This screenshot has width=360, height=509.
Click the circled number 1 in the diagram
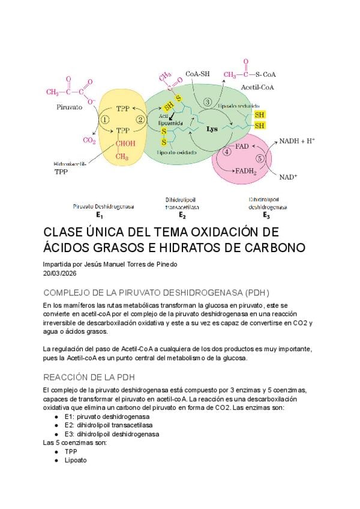[105, 119]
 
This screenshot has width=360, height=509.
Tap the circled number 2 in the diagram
[141, 119]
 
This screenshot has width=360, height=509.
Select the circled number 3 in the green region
[208, 103]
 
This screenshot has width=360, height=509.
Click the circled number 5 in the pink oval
[259, 159]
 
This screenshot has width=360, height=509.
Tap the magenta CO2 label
[89, 140]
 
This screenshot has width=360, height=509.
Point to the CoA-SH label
[197, 74]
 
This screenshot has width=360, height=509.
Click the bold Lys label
[212, 129]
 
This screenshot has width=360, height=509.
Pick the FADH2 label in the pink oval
[245, 170]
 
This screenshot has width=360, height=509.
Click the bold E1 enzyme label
[99, 214]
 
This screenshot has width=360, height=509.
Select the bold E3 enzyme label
[266, 214]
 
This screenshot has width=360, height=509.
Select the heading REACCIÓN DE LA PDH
[89, 377]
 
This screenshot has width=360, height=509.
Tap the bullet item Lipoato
[76, 460]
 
